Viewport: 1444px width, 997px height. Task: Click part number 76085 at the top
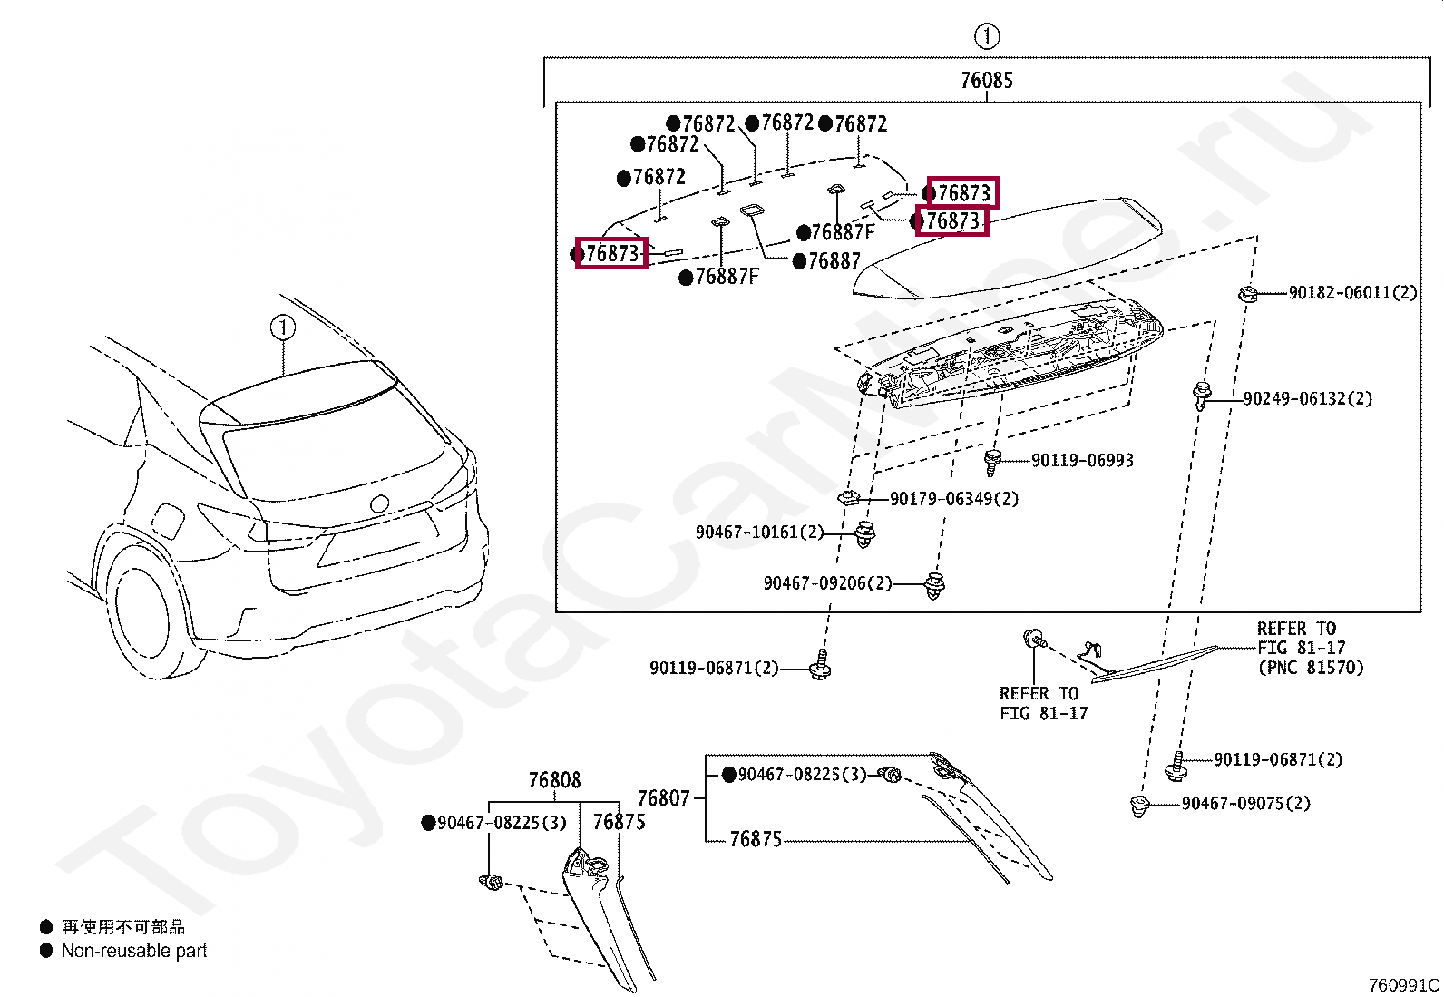pyautogui.click(x=986, y=81)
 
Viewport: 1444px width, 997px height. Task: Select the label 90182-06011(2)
pyautogui.click(x=1351, y=292)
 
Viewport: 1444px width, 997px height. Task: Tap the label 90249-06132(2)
pyautogui.click(x=1307, y=398)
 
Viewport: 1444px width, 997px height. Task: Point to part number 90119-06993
pyautogui.click(x=1082, y=461)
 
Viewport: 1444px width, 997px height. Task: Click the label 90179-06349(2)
pyautogui.click(x=953, y=499)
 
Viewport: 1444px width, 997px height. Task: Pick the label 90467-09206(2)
pyautogui.click(x=827, y=583)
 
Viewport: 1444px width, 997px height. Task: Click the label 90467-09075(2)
pyautogui.click(x=1245, y=803)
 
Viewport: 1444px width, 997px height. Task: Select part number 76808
pyautogui.click(x=554, y=780)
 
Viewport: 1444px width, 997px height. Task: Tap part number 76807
pyautogui.click(x=664, y=798)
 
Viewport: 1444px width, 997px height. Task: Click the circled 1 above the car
pyautogui.click(x=283, y=327)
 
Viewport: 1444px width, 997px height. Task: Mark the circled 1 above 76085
pyautogui.click(x=986, y=36)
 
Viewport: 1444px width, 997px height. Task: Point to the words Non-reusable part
pyautogui.click(x=133, y=951)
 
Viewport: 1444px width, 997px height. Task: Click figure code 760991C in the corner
pyautogui.click(x=1403, y=985)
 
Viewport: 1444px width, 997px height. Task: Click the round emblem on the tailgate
pyautogui.click(x=380, y=503)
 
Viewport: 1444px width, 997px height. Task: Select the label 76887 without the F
pyautogui.click(x=834, y=261)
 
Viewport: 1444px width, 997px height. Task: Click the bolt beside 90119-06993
pyautogui.click(x=993, y=461)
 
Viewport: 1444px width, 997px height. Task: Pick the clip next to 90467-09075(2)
pyautogui.click(x=1140, y=805)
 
